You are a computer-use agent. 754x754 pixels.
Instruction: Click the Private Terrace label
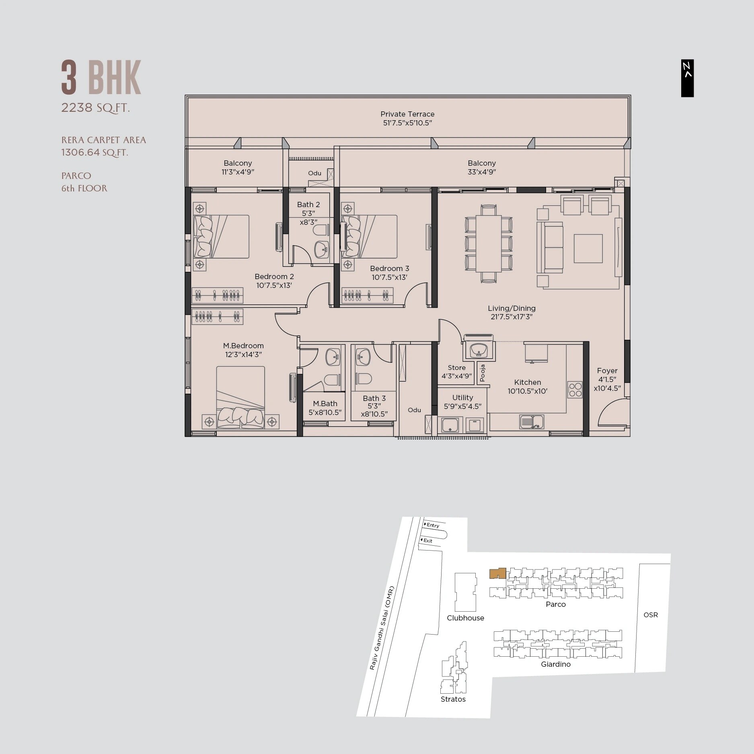407,114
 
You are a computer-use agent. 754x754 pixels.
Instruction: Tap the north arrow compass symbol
687,78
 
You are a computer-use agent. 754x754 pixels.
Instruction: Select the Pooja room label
483,373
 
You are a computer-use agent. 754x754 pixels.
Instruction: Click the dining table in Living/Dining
489,244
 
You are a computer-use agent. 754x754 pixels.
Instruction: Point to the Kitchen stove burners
575,389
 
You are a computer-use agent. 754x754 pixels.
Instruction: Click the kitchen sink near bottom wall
532,422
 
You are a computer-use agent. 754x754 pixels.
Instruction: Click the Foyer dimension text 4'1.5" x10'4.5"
607,384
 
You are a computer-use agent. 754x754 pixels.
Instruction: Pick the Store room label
456,368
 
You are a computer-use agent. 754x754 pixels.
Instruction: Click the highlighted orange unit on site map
497,573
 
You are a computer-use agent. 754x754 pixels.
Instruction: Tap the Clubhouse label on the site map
465,618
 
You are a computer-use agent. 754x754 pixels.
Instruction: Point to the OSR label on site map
650,614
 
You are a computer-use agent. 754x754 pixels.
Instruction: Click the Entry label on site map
433,525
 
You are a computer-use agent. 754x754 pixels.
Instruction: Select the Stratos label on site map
453,699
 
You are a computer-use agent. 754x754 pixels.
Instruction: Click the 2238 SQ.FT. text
95,108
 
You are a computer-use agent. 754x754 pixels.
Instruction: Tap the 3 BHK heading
101,78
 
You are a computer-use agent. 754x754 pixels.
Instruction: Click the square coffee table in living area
588,249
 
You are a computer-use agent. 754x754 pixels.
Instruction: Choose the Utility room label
462,397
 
